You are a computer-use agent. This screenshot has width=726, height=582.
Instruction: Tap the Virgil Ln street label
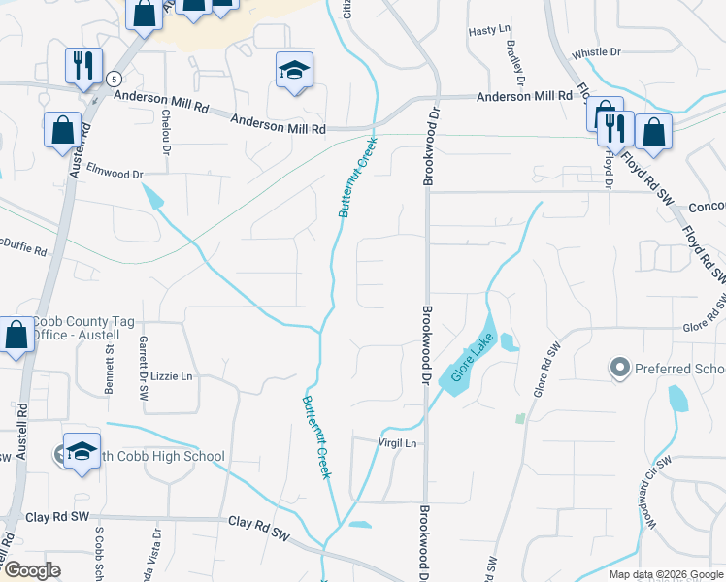click(x=396, y=443)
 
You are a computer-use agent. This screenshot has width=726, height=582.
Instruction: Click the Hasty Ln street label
click(x=489, y=31)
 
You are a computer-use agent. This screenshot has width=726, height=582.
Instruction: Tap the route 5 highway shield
click(x=115, y=78)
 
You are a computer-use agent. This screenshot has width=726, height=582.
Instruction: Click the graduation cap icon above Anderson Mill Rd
click(x=294, y=70)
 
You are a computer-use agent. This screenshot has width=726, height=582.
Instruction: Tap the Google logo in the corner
click(x=32, y=570)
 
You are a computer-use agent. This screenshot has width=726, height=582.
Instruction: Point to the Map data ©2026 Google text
click(x=665, y=574)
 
